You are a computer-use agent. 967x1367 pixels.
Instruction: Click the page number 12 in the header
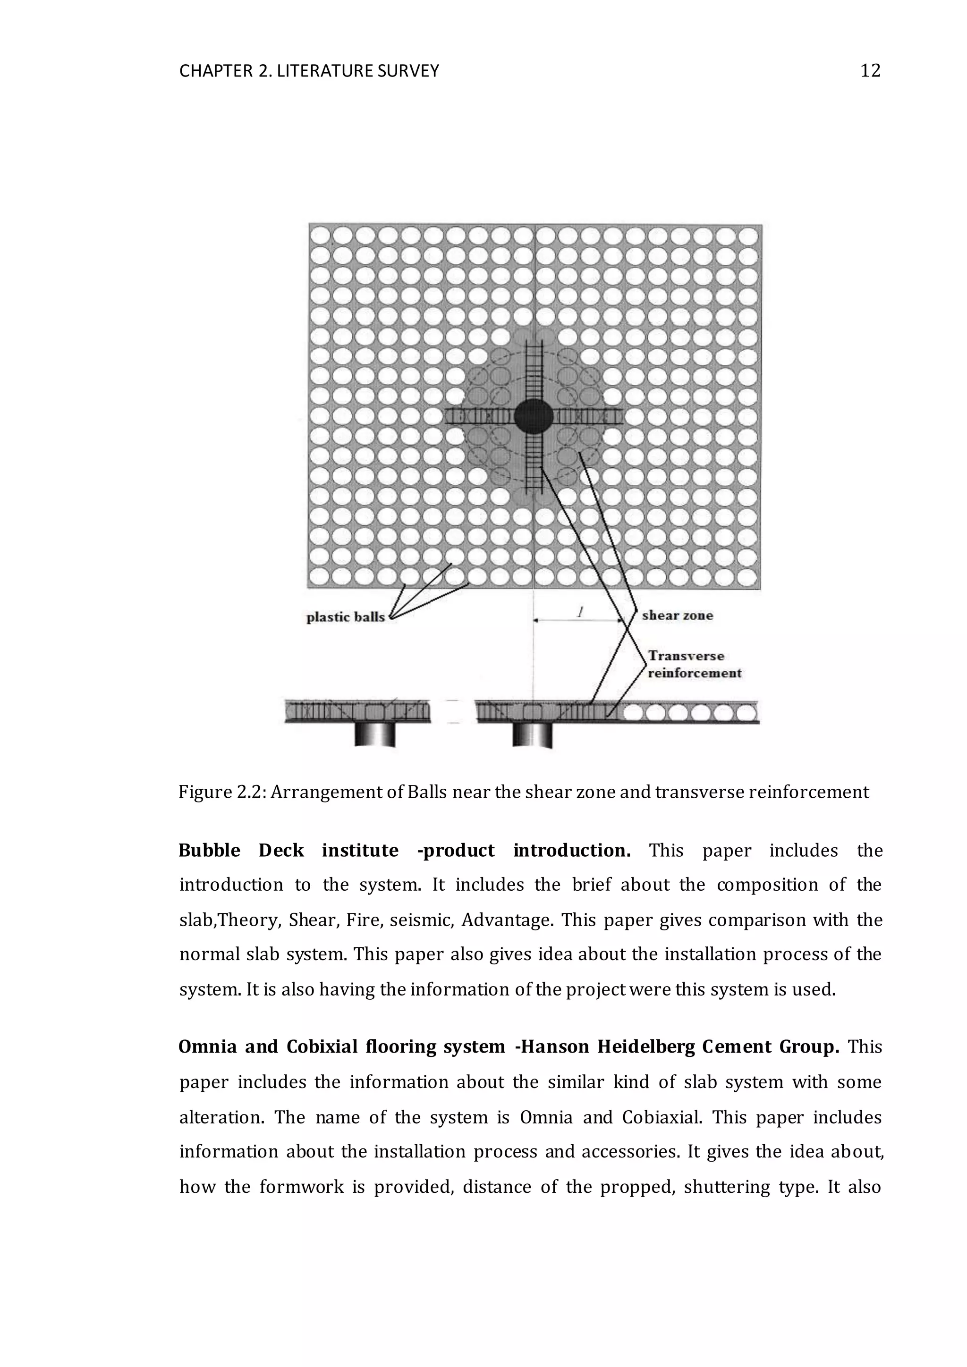click(x=870, y=71)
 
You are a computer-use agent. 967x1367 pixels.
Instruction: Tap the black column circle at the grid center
click(x=534, y=416)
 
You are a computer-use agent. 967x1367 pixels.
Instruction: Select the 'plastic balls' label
click(x=345, y=617)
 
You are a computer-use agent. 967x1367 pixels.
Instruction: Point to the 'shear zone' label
click(x=677, y=616)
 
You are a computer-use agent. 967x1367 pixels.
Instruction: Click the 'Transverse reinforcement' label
click(x=694, y=665)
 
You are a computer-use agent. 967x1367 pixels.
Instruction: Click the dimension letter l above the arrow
click(x=579, y=611)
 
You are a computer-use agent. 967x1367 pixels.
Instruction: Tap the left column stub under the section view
click(x=374, y=734)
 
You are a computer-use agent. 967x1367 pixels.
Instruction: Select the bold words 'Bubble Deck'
click(x=241, y=850)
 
